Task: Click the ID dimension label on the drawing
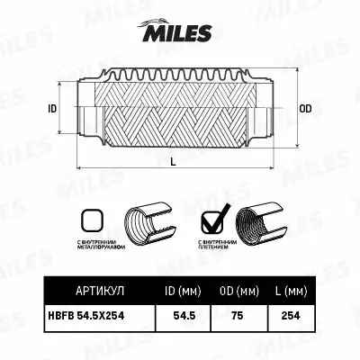tap(51, 109)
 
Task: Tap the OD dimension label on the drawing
tap(305, 109)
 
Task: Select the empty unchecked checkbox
tap(91, 220)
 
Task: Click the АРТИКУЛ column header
tap(95, 292)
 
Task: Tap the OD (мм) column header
tap(238, 292)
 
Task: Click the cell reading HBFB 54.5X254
tap(95, 317)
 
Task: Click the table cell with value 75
tap(238, 317)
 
